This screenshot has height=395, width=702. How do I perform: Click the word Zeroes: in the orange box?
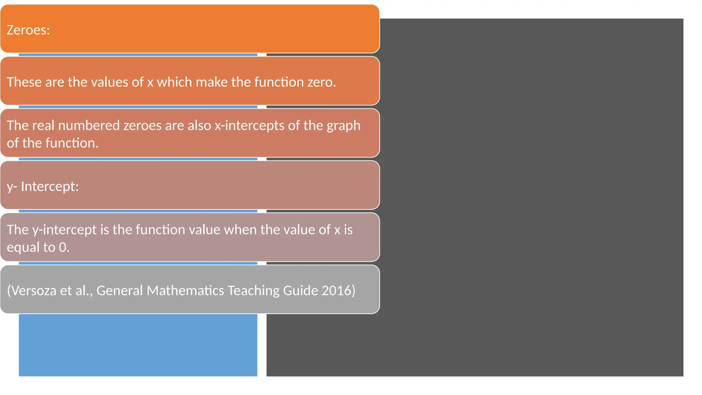28,30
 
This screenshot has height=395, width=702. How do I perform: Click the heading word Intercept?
50,187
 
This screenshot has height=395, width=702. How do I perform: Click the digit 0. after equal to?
64,247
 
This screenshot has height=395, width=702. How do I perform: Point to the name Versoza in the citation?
32,290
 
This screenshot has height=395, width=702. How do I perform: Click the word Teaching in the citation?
253,290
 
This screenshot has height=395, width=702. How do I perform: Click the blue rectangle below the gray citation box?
138,345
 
